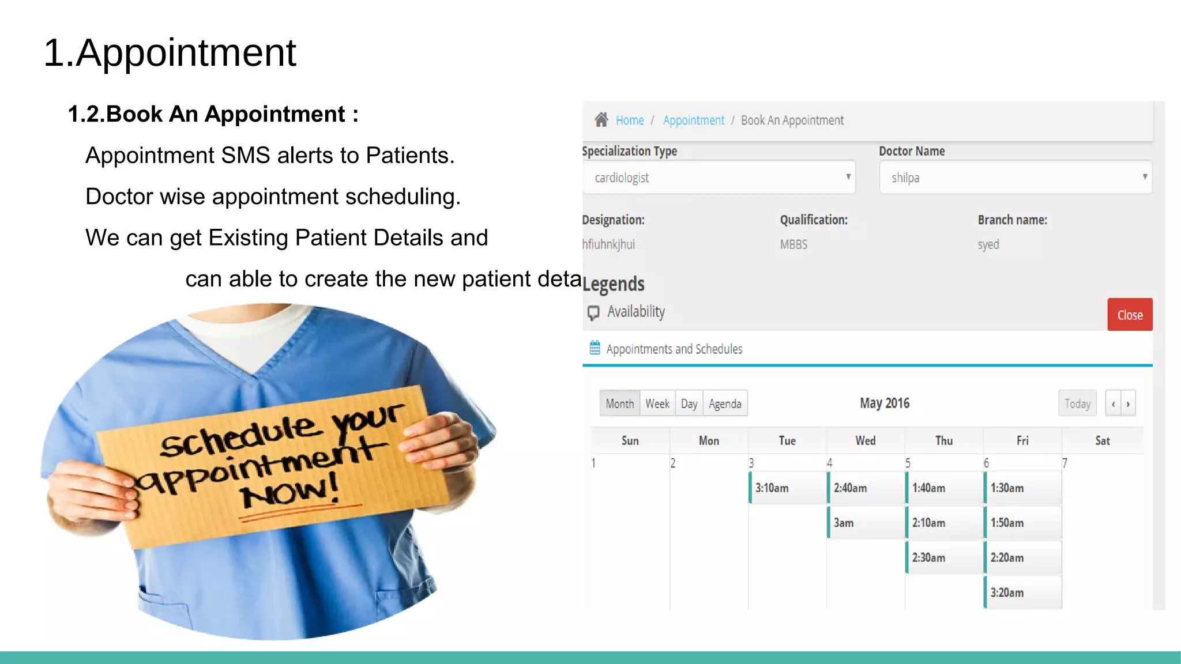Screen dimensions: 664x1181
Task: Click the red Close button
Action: pos(1129,315)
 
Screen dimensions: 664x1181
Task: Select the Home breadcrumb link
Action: pos(629,120)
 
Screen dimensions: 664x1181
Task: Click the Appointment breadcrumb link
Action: pos(693,120)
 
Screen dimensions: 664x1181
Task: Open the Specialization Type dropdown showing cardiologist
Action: pos(719,178)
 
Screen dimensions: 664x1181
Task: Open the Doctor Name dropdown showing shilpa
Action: pos(1015,178)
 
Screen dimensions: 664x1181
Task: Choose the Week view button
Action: pos(657,403)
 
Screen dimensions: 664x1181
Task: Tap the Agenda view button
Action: pos(725,403)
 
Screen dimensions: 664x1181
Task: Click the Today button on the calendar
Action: pos(1077,403)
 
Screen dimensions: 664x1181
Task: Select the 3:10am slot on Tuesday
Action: pos(788,488)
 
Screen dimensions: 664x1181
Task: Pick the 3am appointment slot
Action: pos(866,523)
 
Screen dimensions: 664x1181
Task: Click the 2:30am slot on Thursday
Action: pos(944,557)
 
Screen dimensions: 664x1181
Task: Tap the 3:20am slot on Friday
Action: pos(1022,593)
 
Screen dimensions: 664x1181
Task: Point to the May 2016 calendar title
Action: pos(884,403)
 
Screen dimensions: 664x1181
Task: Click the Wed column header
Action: pos(865,441)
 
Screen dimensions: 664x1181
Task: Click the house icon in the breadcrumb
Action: pos(601,119)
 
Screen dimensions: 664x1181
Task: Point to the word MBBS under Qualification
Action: pos(793,244)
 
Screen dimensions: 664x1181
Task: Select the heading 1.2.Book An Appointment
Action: pos(213,114)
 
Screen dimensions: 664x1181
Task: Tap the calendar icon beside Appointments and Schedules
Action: pos(595,348)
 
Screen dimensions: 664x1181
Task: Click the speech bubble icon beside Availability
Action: pos(593,312)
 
